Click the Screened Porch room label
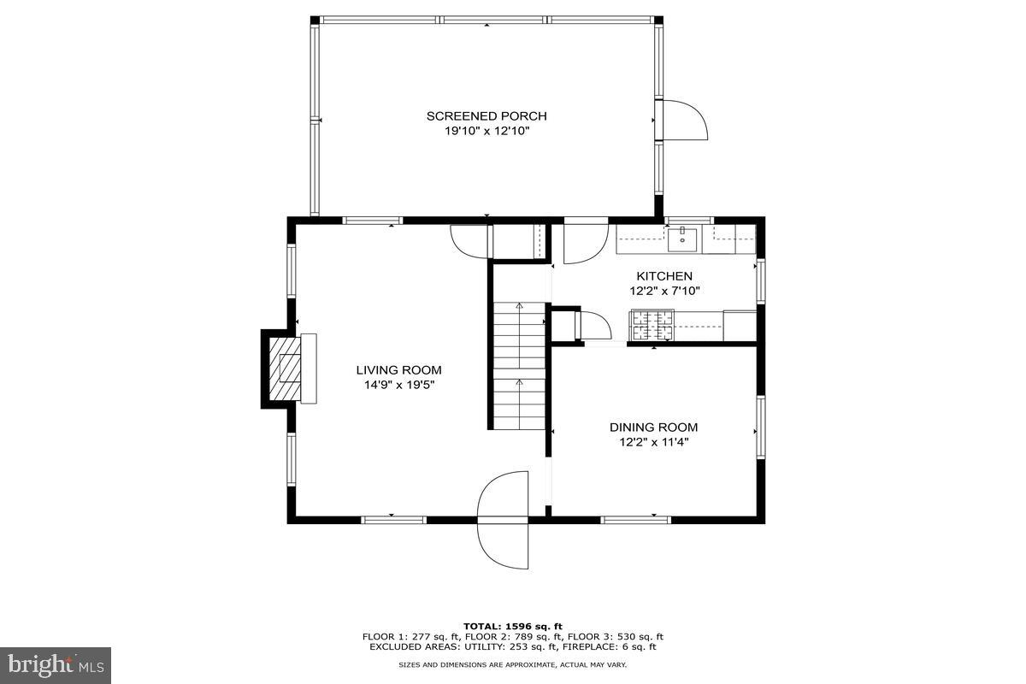pyautogui.click(x=486, y=116)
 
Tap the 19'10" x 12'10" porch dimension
pyautogui.click(x=486, y=132)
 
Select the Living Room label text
pyautogui.click(x=398, y=370)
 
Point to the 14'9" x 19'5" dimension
pyautogui.click(x=398, y=385)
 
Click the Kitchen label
pyautogui.click(x=664, y=276)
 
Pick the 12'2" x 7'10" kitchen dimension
pyautogui.click(x=664, y=291)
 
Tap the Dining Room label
pyautogui.click(x=653, y=427)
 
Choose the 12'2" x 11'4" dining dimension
pyautogui.click(x=653, y=442)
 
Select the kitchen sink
pyautogui.click(x=683, y=238)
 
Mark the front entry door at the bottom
pyautogui.click(x=504, y=519)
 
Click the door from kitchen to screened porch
pyautogui.click(x=585, y=242)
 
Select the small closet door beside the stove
pyautogui.click(x=593, y=327)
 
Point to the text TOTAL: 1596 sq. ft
pyautogui.click(x=513, y=626)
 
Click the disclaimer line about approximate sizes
pyautogui.click(x=513, y=664)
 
